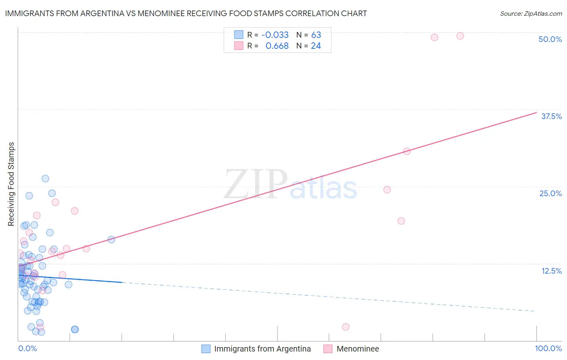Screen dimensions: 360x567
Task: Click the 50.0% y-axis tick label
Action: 550,39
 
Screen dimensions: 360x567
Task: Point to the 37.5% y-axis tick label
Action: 551,116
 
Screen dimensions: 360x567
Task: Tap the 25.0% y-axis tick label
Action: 550,193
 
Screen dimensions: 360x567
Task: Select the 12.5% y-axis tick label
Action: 551,271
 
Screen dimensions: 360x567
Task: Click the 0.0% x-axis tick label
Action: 27,348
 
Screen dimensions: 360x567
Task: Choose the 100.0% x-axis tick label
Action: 548,348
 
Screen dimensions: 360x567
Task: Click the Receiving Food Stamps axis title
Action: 11,184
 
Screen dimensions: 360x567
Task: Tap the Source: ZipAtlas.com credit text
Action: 531,14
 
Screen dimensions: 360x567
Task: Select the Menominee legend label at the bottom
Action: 358,349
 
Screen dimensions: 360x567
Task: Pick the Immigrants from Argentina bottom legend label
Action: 262,349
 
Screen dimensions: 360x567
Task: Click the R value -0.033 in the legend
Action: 275,35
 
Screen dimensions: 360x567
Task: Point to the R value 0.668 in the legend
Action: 277,46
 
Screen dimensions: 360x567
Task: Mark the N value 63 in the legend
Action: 316,35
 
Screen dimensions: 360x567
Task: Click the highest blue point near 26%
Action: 45,178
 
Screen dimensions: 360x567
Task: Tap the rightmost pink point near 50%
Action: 460,36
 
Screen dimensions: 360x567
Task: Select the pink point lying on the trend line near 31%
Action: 406,151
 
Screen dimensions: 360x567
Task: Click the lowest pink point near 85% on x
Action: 346,327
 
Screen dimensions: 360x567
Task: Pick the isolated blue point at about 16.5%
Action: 111,240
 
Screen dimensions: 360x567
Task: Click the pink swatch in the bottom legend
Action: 328,349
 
